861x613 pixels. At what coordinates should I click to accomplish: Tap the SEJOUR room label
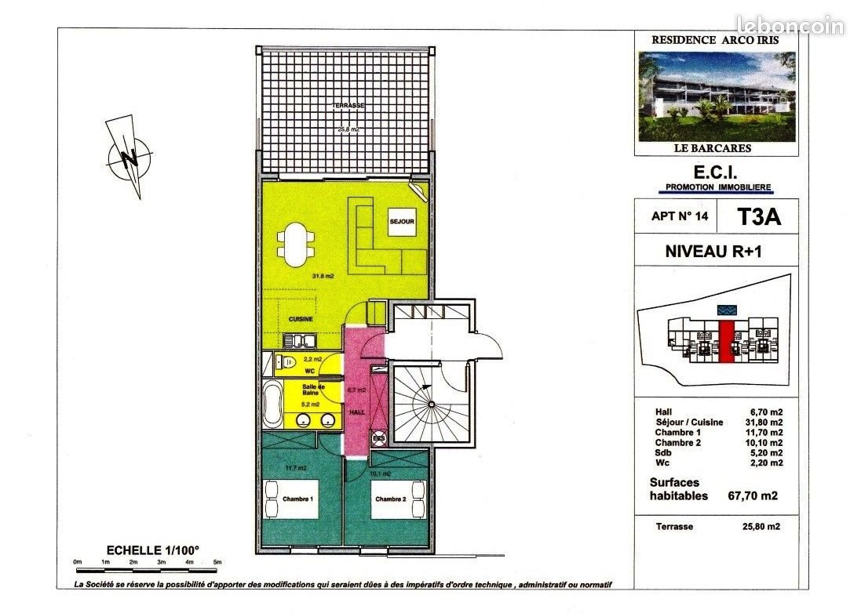(x=401, y=222)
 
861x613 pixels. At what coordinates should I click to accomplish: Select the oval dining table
(x=294, y=245)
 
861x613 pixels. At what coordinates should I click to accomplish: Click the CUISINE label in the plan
(x=301, y=320)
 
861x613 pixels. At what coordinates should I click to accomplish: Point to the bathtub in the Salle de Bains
(x=272, y=404)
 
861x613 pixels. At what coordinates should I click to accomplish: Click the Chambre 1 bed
(x=290, y=499)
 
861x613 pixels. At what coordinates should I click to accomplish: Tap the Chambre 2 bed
(x=389, y=499)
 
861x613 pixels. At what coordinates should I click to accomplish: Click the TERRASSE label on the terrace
(x=344, y=106)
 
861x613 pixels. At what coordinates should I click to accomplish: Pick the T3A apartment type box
(x=758, y=218)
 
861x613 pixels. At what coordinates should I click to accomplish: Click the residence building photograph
(x=717, y=96)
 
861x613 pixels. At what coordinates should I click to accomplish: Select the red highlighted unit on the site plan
(x=726, y=342)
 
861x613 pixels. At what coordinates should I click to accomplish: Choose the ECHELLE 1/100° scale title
(x=147, y=550)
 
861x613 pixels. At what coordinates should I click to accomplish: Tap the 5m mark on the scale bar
(x=217, y=562)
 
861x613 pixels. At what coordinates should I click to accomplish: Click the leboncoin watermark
(x=789, y=25)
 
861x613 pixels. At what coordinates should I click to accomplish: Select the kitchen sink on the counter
(x=299, y=340)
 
